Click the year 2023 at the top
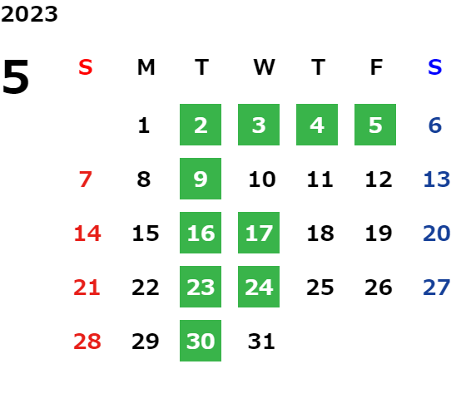pyautogui.click(x=29, y=14)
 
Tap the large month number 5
pyautogui.click(x=16, y=76)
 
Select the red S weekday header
pyautogui.click(x=86, y=67)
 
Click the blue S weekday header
pyautogui.click(x=435, y=67)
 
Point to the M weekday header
pyautogui.click(x=146, y=67)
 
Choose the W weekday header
pyautogui.click(x=264, y=67)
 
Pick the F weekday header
pyautogui.click(x=377, y=67)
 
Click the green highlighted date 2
pyautogui.click(x=201, y=125)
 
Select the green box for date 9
pyautogui.click(x=201, y=179)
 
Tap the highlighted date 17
pyautogui.click(x=259, y=233)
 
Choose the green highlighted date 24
pyautogui.click(x=259, y=287)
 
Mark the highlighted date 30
pyautogui.click(x=201, y=341)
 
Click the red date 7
pyautogui.click(x=86, y=179)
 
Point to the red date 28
pyautogui.click(x=87, y=342)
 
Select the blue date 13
pyautogui.click(x=437, y=179)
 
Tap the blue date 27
pyautogui.click(x=437, y=288)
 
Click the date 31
pyautogui.click(x=261, y=342)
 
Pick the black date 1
pyautogui.click(x=144, y=125)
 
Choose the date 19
pyautogui.click(x=379, y=234)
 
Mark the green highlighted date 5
pyautogui.click(x=375, y=125)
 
